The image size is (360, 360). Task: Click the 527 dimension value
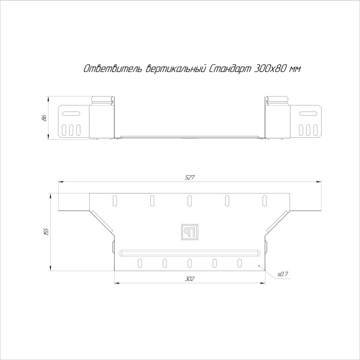click(190, 177)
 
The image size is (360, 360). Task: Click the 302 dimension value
click(190, 279)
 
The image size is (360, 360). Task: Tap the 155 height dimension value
click(47, 232)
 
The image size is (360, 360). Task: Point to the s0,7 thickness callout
click(283, 274)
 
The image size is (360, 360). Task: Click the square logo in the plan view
click(190, 232)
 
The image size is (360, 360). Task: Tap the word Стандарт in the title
click(230, 69)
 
